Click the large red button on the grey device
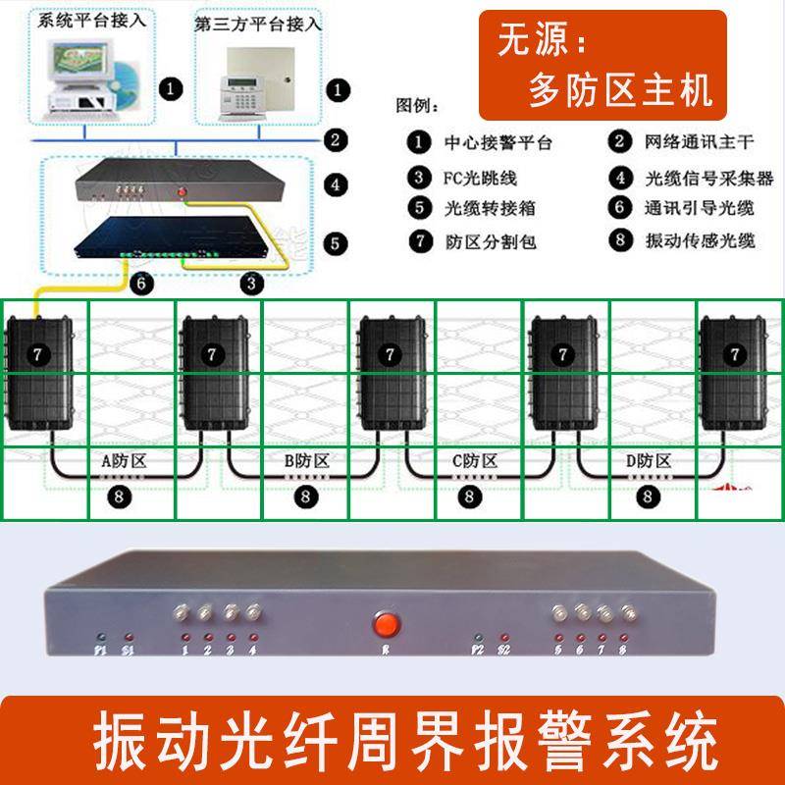pyautogui.click(x=384, y=624)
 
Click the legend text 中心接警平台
pyautogui.click(x=496, y=143)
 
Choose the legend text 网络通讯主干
pyautogui.click(x=699, y=143)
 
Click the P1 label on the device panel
pyautogui.click(x=98, y=652)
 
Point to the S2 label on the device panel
pyautogui.click(x=504, y=652)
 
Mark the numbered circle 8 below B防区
pyautogui.click(x=304, y=497)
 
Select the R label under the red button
pyautogui.click(x=384, y=652)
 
